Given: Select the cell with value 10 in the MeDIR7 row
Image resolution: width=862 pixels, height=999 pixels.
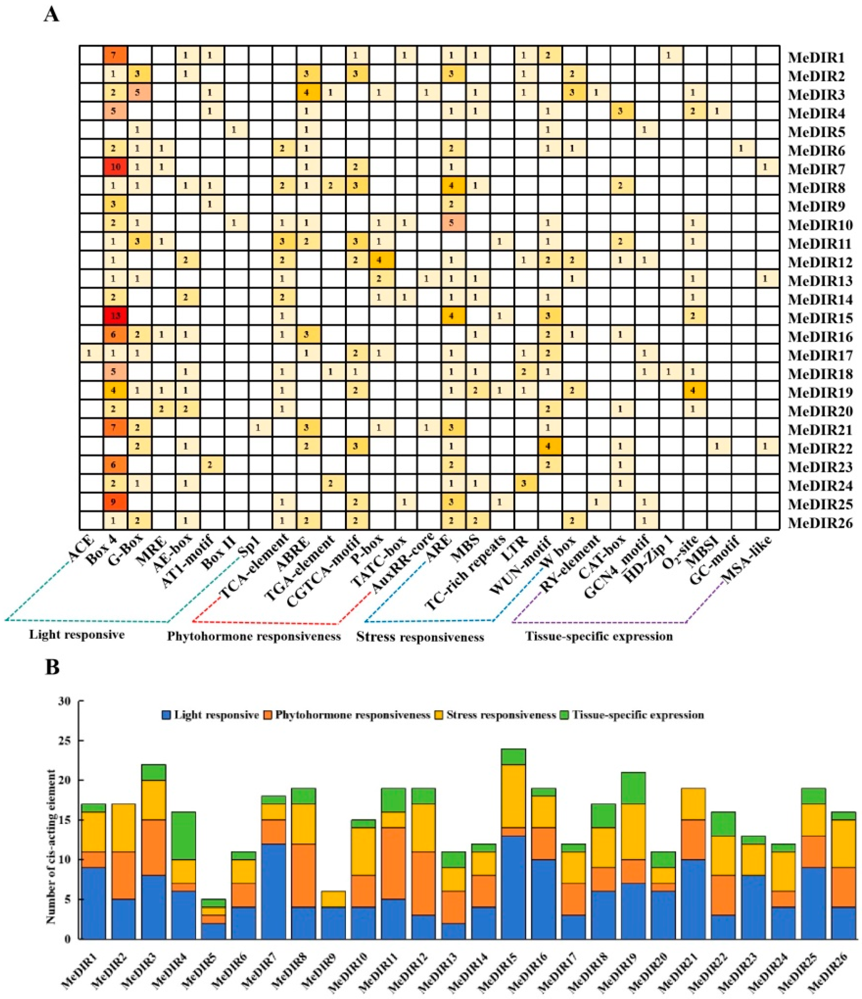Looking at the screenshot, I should pos(115,168).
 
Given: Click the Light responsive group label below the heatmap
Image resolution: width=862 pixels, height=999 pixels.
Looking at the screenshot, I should pos(77,635).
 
